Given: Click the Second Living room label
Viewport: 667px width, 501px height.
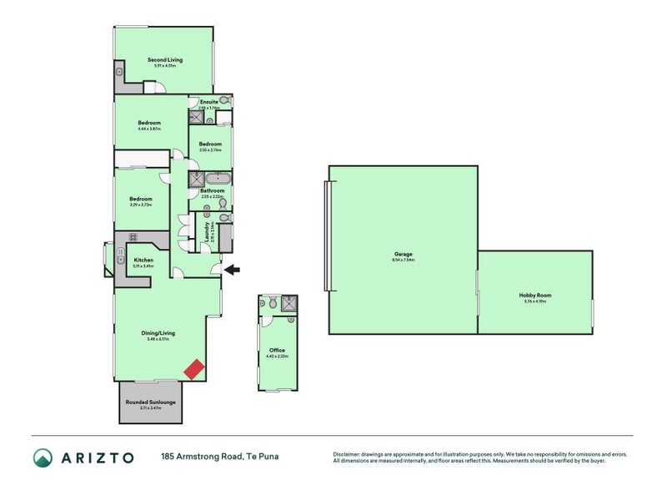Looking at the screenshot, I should [x=165, y=60].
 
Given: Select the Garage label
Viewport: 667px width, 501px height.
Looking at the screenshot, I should [x=404, y=254].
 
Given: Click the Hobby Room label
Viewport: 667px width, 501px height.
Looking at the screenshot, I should [x=534, y=295].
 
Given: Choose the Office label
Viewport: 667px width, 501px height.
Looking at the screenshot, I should [x=277, y=350].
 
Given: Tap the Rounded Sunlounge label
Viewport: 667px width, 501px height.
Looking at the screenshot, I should [x=151, y=402].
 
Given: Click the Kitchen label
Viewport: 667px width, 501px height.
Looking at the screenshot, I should [x=143, y=260].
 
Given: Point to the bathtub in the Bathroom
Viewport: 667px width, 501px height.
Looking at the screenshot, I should [x=219, y=179].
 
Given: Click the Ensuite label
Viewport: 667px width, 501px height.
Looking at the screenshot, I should [x=208, y=102].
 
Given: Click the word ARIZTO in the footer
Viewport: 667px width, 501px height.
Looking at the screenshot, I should [x=97, y=457].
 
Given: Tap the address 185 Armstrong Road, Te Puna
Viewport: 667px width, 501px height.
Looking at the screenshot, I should [x=219, y=457].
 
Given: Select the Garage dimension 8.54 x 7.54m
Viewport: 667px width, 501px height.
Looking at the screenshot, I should [x=404, y=260].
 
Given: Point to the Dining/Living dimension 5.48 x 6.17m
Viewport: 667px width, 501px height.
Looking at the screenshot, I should [x=158, y=339].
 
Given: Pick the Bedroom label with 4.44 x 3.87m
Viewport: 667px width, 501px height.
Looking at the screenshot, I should [x=149, y=123].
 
